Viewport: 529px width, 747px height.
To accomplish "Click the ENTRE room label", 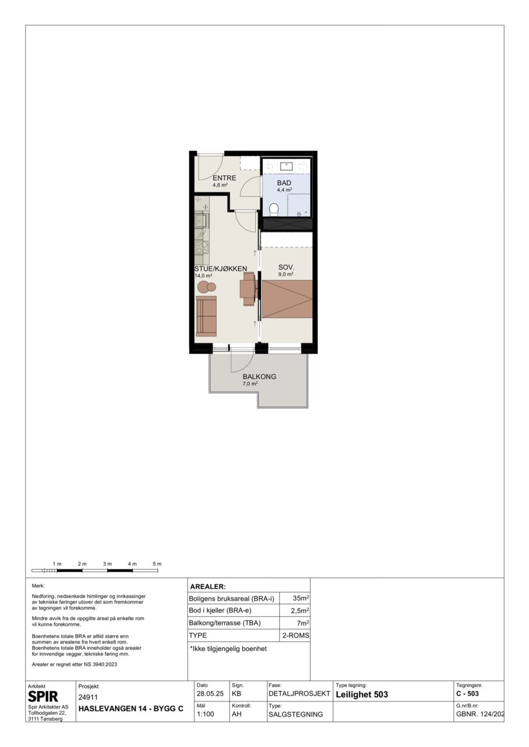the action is (224, 178).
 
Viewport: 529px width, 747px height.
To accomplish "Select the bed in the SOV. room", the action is (287, 299).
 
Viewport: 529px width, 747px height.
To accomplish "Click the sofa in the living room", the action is (206, 316).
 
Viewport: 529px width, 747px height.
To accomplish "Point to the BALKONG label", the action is (259, 376).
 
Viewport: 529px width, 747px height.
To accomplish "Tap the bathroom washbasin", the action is (287, 166).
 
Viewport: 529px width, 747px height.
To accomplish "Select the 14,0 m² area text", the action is (203, 276).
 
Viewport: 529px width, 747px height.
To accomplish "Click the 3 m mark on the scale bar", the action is (107, 564).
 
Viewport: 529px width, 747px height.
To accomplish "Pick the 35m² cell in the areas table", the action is (301, 598).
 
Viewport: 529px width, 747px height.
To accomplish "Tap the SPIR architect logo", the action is (43, 696).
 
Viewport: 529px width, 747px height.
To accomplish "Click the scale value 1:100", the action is (206, 714).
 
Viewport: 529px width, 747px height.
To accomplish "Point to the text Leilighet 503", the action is (362, 694).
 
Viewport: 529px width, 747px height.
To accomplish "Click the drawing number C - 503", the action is (467, 694).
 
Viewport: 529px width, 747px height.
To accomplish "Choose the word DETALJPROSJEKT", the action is (299, 694).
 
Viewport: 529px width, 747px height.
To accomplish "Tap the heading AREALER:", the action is (208, 587).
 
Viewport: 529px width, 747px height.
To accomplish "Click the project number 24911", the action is (88, 697).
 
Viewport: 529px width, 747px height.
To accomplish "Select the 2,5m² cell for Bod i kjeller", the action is (300, 610).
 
